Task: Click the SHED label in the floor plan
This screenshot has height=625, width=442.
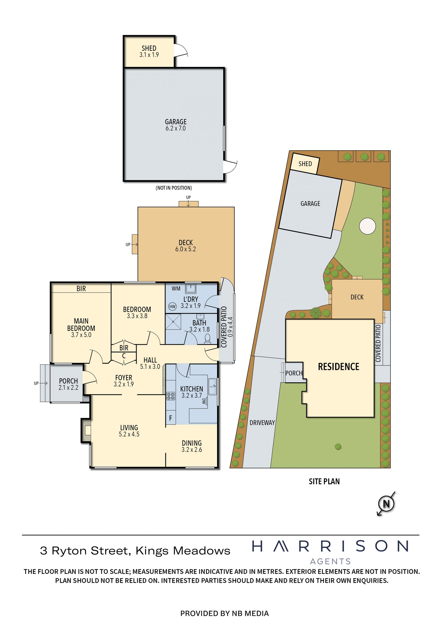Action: [149, 48]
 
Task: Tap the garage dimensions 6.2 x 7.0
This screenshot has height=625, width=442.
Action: [176, 128]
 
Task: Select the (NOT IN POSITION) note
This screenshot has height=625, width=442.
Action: [174, 188]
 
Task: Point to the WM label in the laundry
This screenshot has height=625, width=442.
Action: [176, 288]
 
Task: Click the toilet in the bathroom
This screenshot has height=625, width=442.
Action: [208, 339]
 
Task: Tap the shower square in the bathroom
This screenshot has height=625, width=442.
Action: [173, 322]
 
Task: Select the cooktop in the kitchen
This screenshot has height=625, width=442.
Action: [171, 396]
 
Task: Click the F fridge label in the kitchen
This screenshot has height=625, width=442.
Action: [171, 418]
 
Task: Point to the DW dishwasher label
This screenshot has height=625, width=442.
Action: [204, 401]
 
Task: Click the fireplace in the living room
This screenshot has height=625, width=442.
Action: [86, 430]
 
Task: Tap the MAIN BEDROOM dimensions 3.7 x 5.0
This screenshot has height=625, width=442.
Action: [81, 335]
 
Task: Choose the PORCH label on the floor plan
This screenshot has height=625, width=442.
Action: [68, 381]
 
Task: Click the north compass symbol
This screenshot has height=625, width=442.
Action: [386, 504]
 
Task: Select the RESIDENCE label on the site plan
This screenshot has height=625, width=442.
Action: [339, 367]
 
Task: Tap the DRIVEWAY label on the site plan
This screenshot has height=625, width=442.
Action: [262, 423]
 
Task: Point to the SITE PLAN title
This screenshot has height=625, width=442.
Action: [324, 482]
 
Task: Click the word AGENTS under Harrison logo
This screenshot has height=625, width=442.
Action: [330, 561]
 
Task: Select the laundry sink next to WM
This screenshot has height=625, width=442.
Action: [191, 288]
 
